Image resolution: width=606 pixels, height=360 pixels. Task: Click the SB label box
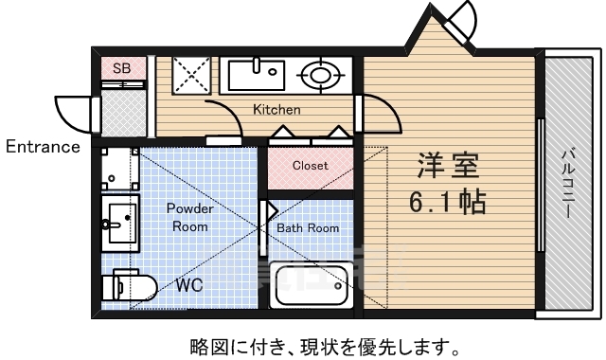click(x=122, y=68)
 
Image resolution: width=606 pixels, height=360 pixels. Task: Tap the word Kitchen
click(x=276, y=110)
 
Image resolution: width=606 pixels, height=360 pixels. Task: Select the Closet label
click(x=310, y=165)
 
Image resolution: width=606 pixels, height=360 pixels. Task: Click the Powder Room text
click(x=190, y=217)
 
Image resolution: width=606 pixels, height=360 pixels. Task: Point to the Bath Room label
click(x=308, y=228)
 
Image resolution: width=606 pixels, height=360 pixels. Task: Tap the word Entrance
click(x=43, y=147)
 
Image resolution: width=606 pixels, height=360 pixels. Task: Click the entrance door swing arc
click(x=74, y=112)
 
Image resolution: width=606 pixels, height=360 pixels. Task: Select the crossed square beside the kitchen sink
click(x=194, y=74)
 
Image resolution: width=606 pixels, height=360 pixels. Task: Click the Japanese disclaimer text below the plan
click(x=303, y=344)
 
